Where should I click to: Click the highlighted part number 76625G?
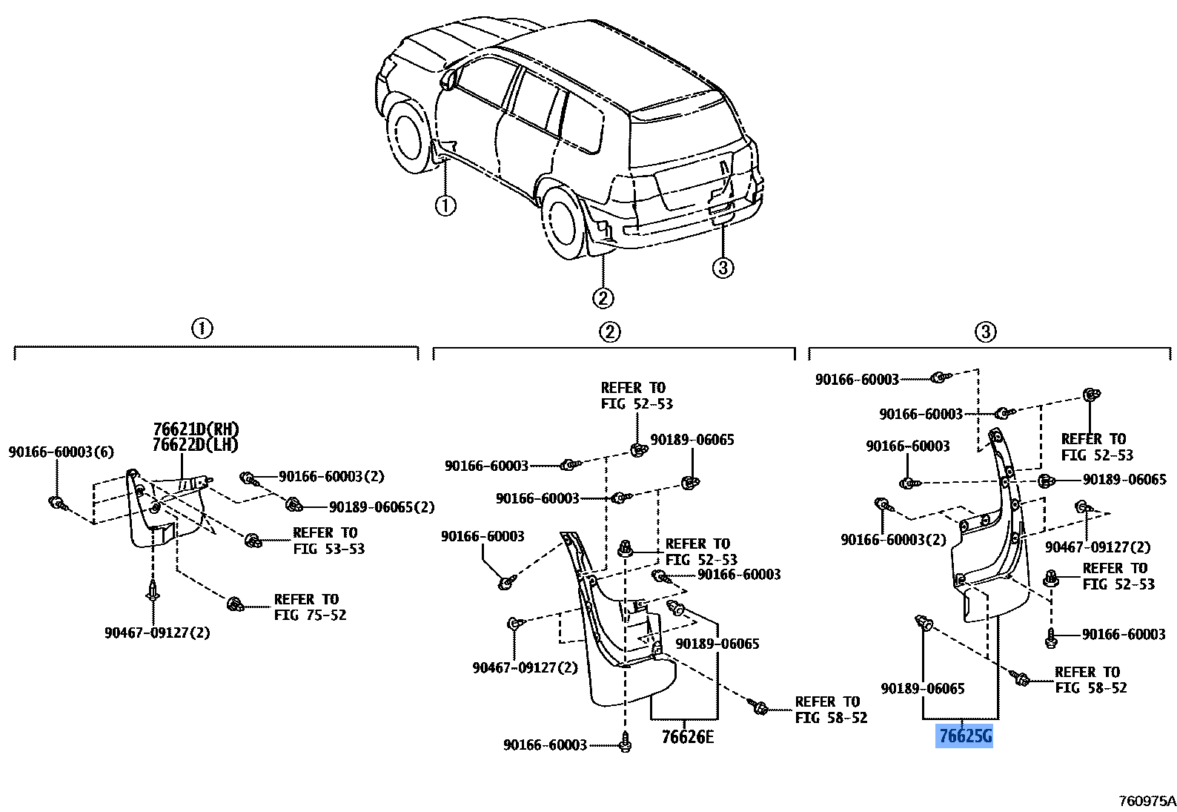[964, 736]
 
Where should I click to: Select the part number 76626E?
[688, 737]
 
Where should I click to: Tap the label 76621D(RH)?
[196, 429]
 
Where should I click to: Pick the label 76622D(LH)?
[196, 445]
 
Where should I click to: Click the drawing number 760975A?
[1147, 801]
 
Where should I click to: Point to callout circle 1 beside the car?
[445, 205]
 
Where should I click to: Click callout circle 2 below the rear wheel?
[603, 298]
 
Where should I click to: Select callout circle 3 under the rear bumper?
[723, 268]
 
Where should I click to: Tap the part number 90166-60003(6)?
[61, 452]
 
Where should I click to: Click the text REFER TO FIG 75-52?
[310, 607]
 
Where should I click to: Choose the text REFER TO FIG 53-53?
[328, 541]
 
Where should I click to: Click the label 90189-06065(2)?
[382, 507]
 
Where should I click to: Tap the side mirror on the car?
[448, 79]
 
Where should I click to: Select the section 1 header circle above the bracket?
[202, 329]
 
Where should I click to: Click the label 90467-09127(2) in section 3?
[1098, 547]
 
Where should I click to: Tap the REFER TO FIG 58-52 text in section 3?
[1091, 679]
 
